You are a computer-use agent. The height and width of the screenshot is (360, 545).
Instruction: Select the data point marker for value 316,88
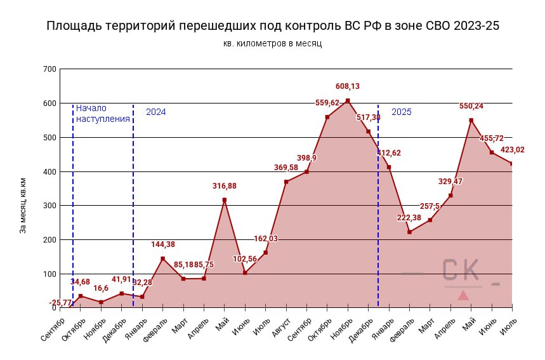tap(225, 200)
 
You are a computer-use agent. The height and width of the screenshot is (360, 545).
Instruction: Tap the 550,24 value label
tap(471, 106)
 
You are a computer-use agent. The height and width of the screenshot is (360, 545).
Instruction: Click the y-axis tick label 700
tap(49, 69)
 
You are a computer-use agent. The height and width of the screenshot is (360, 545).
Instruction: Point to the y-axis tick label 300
tap(49, 206)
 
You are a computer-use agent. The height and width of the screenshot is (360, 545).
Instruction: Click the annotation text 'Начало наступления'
tap(103, 113)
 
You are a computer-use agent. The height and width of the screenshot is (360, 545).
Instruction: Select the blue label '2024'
tap(156, 112)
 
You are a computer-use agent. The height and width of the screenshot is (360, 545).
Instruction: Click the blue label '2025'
tap(401, 112)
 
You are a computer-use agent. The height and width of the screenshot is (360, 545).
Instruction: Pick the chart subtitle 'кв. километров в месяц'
tap(273, 43)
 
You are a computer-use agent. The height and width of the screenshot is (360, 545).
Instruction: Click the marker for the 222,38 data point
tap(410, 232)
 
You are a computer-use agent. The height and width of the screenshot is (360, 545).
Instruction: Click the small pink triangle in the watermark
tap(463, 295)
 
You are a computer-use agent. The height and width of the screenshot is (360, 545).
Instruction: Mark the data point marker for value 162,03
tap(265, 253)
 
